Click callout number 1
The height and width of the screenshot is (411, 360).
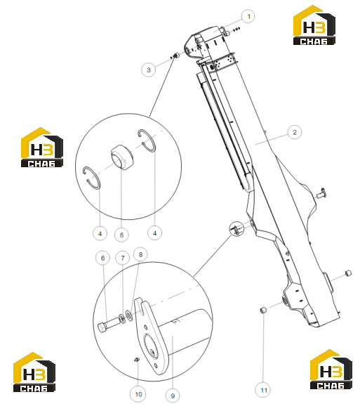[x=248, y=16]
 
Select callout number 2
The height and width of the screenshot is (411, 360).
[x=294, y=132]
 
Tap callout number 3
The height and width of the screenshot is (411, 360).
[x=149, y=70]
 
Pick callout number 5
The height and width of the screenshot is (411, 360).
[x=121, y=235]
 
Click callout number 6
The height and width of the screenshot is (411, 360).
[x=102, y=258]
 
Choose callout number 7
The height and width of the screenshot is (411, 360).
[x=123, y=258]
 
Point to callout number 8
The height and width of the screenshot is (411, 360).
[x=140, y=254]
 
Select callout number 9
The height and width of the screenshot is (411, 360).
[x=173, y=396]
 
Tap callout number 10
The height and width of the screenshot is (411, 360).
[x=138, y=394]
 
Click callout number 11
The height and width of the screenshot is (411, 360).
[x=263, y=390]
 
